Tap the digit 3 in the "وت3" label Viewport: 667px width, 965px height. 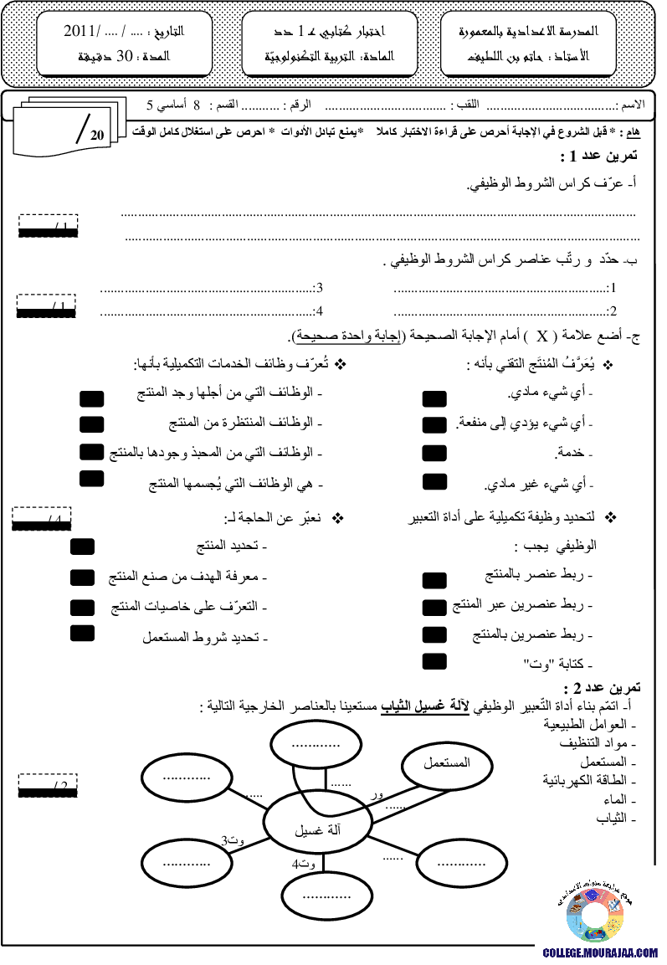point(225,840)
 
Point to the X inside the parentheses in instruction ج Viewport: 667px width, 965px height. point(542,336)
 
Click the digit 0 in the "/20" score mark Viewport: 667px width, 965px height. point(100,136)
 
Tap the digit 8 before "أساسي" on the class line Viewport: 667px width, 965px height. point(197,105)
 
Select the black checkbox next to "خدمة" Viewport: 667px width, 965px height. point(434,454)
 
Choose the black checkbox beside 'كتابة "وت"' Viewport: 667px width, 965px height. point(434,661)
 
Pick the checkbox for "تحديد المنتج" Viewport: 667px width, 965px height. point(83,547)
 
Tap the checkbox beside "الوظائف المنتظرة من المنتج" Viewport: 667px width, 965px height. point(92,424)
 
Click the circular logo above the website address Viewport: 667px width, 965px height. point(594,915)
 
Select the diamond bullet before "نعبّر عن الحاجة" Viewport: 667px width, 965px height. point(338,518)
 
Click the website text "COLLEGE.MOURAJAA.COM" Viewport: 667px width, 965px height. point(600,952)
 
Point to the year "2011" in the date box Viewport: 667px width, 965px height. point(79,31)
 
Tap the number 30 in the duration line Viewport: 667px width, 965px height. point(125,56)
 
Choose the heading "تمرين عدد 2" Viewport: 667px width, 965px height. point(602,687)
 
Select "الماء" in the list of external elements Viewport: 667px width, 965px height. point(615,799)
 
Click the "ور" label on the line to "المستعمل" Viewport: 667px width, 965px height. point(377,795)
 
